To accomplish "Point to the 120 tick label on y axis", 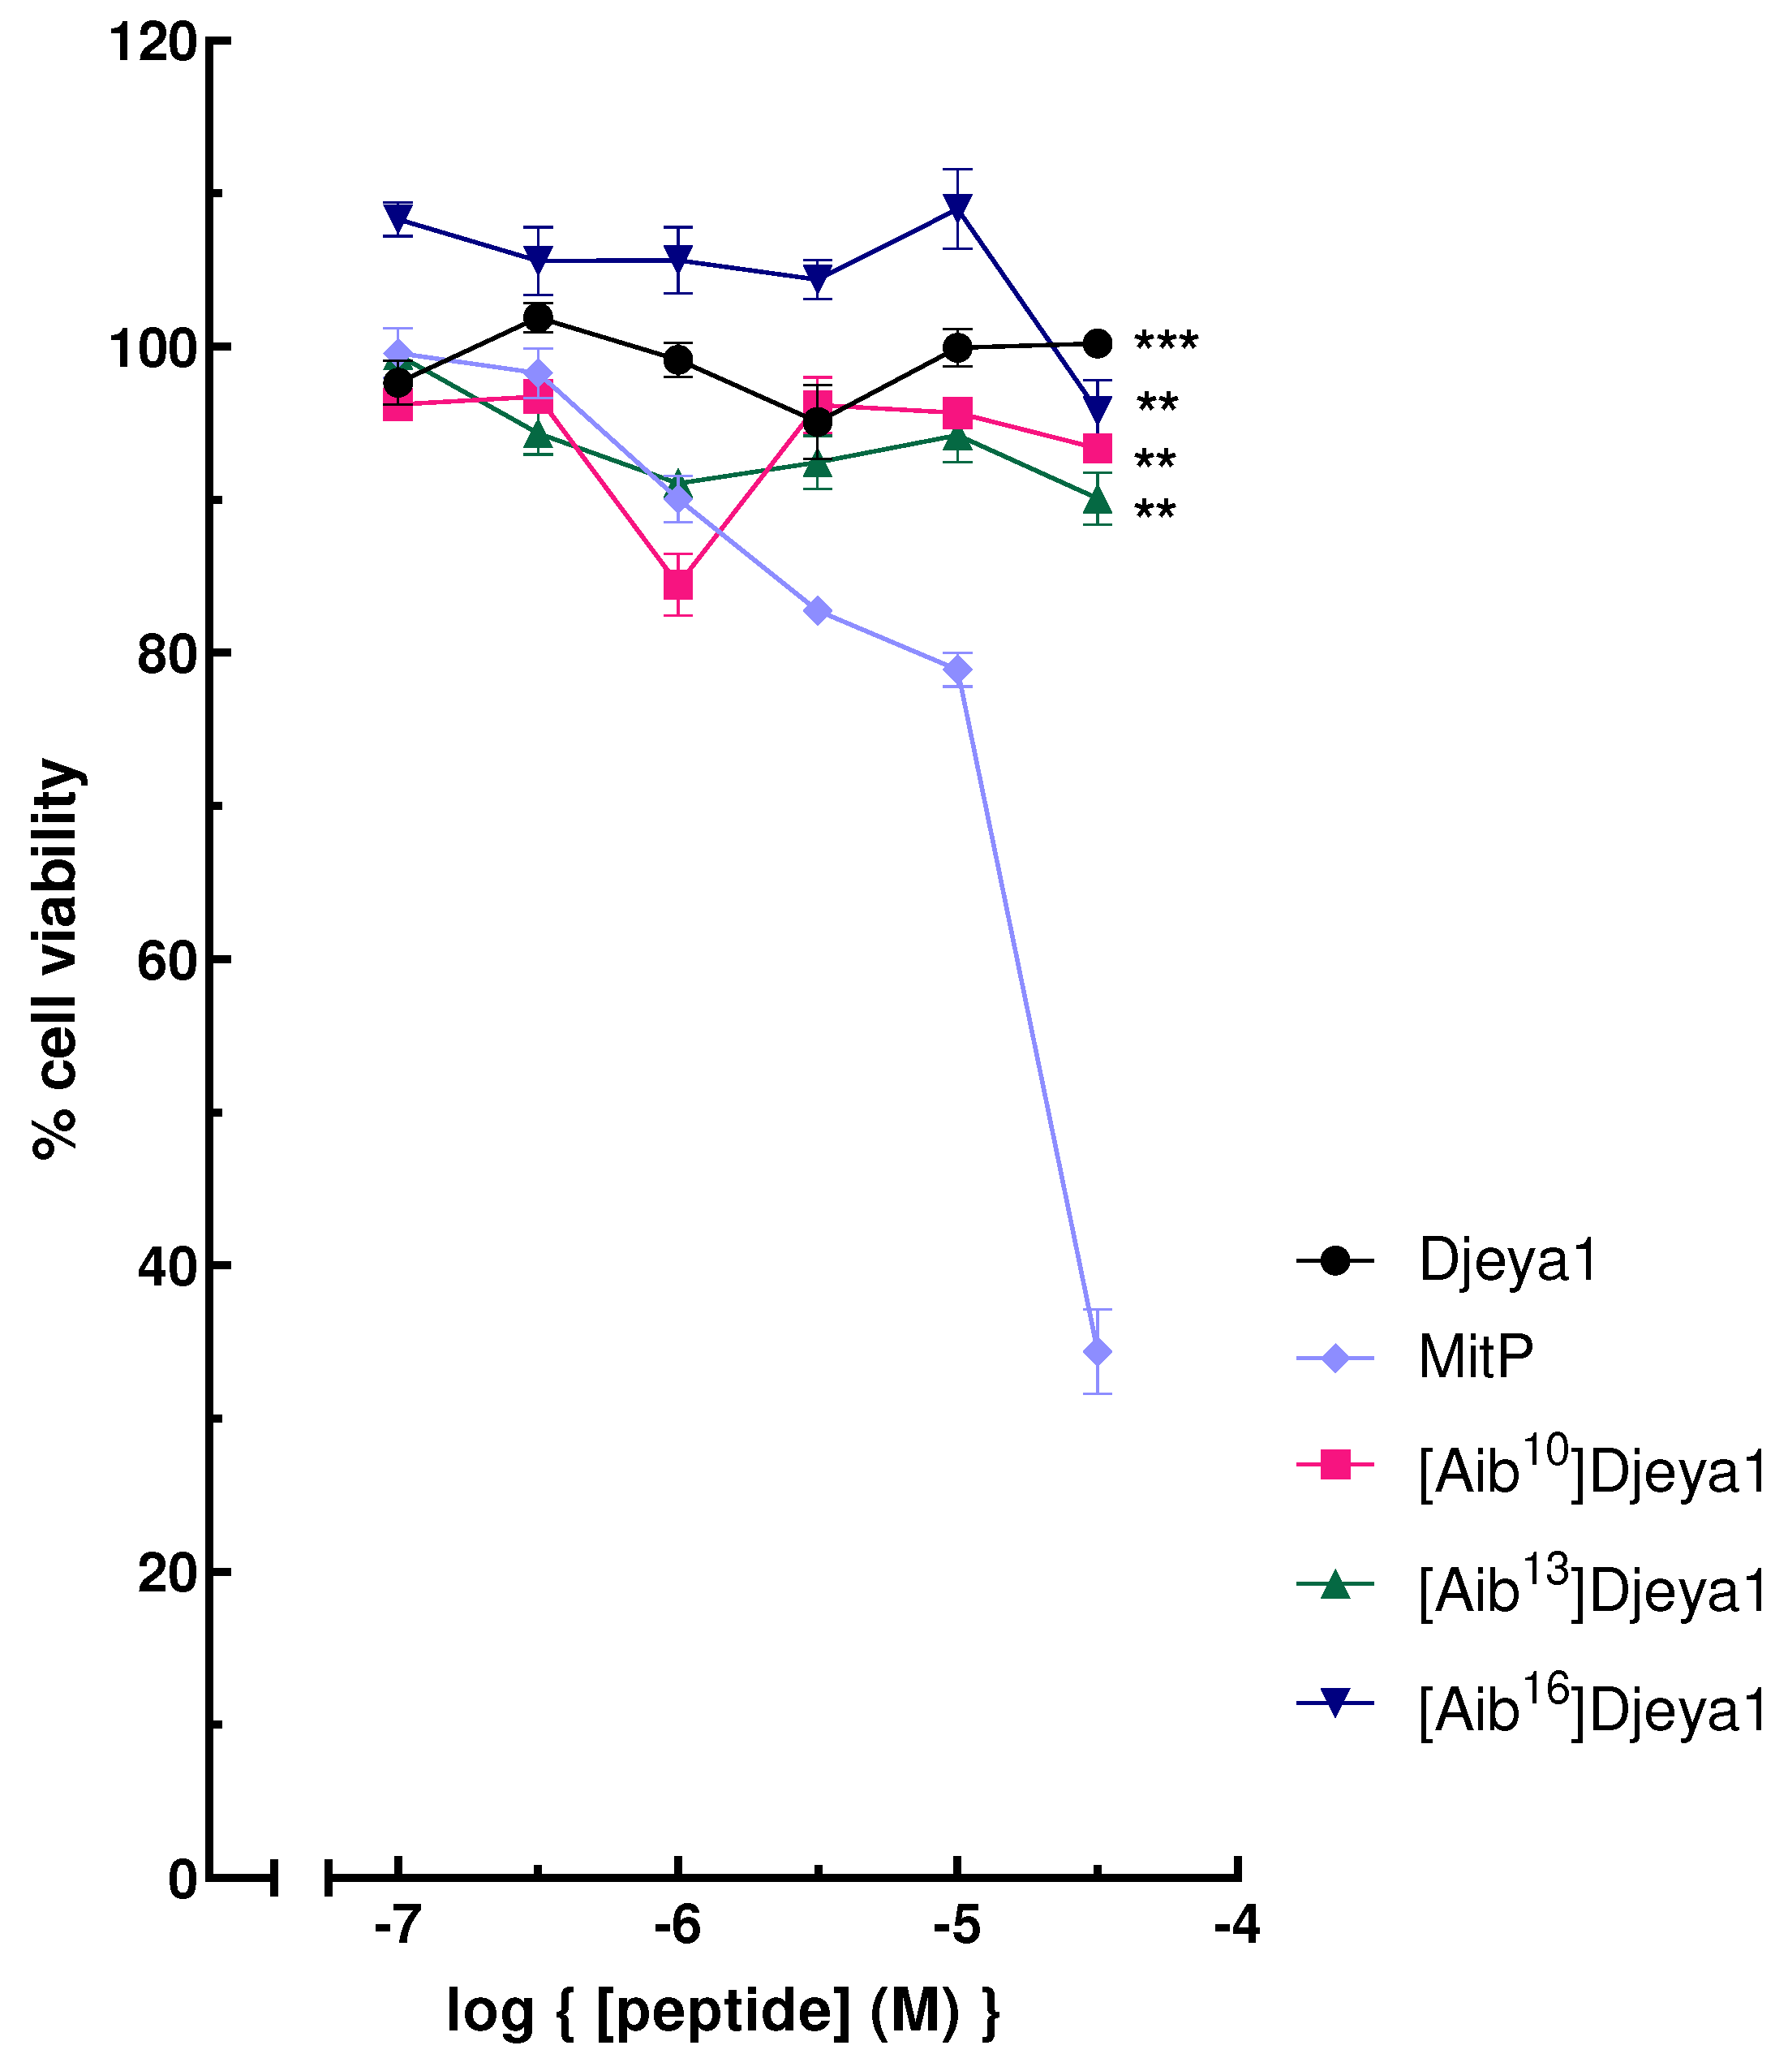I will click(x=152, y=43).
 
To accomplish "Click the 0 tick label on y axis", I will click(x=183, y=1880).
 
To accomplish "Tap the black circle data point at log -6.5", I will click(x=538, y=317).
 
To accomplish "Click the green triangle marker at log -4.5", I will click(x=1098, y=499).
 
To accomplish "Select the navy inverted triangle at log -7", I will click(x=398, y=217).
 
